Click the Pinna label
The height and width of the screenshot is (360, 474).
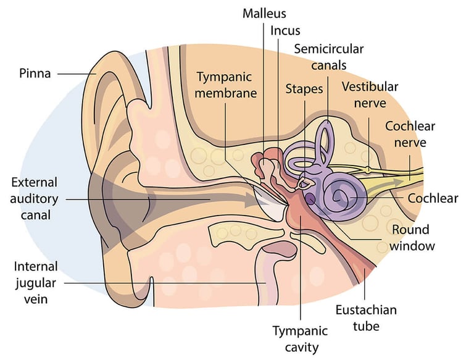pyautogui.click(x=36, y=73)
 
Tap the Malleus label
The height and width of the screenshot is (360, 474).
pyautogui.click(x=264, y=13)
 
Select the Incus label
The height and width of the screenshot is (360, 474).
pyautogui.click(x=286, y=30)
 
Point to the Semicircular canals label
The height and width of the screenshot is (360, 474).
pyautogui.click(x=329, y=56)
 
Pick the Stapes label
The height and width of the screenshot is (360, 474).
pyautogui.click(x=304, y=89)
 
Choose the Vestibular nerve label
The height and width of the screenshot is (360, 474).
pyautogui.click(x=370, y=94)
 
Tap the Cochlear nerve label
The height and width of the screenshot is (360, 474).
pyautogui.click(x=410, y=135)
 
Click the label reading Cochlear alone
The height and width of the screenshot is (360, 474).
pyautogui.click(x=433, y=198)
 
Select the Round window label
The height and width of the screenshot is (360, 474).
pyautogui.click(x=414, y=238)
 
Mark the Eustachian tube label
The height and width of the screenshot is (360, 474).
pyautogui.click(x=366, y=317)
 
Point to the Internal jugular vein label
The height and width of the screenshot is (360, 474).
pyautogui.click(x=36, y=283)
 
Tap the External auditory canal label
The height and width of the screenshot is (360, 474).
pyautogui.click(x=34, y=199)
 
